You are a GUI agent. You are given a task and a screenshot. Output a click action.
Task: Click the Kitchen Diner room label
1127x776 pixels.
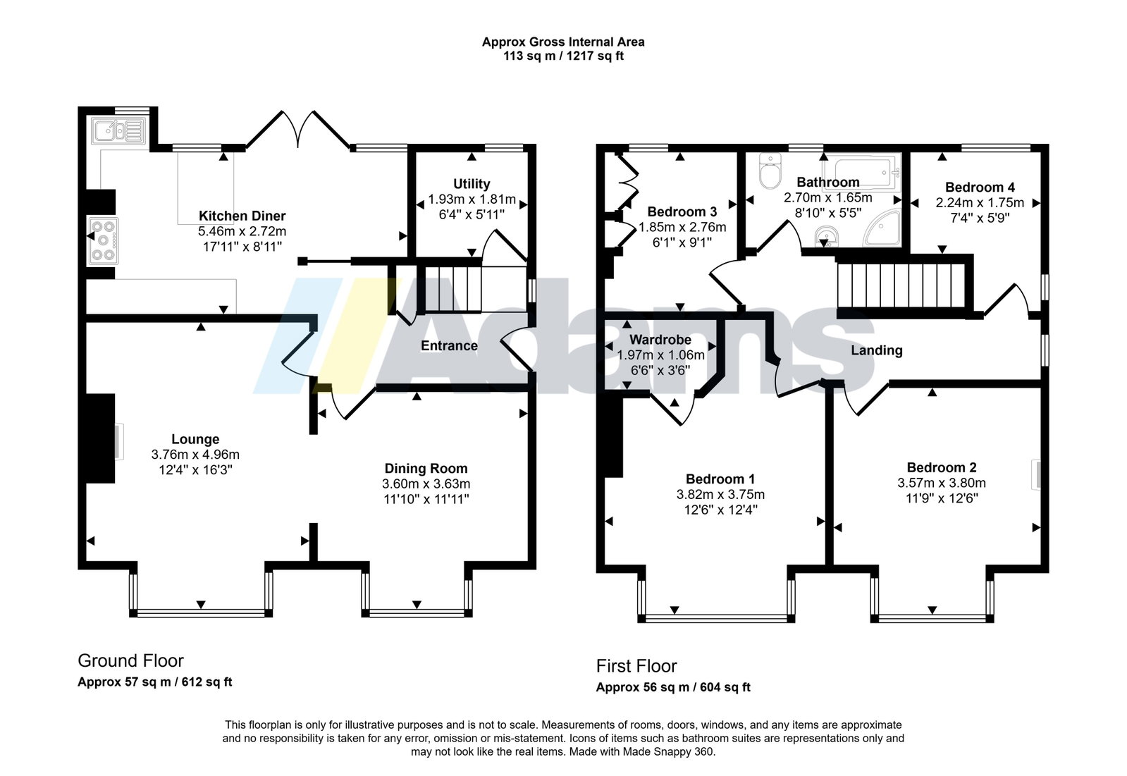click(242, 216)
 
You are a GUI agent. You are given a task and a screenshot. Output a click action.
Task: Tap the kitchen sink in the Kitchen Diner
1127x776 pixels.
click(118, 130)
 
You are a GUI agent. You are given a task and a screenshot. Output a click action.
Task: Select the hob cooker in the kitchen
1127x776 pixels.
click(103, 241)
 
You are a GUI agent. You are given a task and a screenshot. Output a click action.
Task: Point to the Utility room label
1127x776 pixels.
click(472, 184)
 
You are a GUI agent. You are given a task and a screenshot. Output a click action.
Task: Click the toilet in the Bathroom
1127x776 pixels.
click(770, 171)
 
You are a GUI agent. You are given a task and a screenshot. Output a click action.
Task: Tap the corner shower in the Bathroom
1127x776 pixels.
click(882, 229)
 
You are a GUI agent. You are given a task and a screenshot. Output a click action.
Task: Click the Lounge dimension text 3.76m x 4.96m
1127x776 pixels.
click(195, 455)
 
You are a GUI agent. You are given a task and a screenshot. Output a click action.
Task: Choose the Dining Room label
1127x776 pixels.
click(426, 469)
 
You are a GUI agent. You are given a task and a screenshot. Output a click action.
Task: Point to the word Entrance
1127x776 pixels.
click(449, 346)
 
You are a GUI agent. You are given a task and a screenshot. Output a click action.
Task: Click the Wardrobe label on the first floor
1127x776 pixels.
click(660, 340)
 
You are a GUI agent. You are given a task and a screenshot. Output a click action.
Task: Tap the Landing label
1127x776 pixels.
click(877, 350)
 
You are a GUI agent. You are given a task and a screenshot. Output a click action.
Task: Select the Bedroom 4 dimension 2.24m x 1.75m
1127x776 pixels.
click(980, 203)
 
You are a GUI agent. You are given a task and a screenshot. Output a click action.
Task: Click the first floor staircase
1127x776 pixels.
click(901, 286)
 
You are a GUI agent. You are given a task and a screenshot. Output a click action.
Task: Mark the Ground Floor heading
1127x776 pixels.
click(131, 660)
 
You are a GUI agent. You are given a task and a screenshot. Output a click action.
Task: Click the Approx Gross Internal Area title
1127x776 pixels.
click(564, 42)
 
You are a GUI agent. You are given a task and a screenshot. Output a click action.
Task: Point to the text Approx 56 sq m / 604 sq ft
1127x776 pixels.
click(673, 687)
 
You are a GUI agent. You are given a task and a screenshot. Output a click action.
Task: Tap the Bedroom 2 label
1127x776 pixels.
click(942, 467)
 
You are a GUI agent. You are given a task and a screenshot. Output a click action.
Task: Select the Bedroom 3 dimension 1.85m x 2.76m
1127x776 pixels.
click(682, 227)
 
